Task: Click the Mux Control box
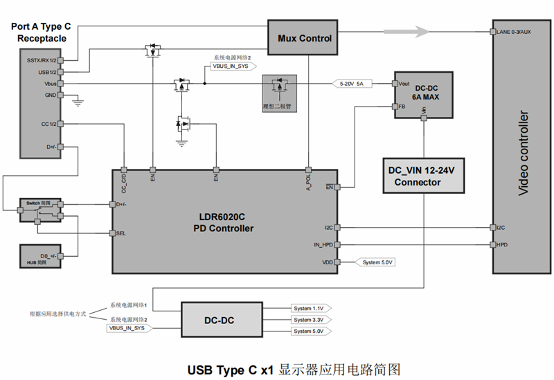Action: coord(305,38)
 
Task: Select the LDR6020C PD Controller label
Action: coord(223,222)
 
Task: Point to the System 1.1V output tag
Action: coord(308,308)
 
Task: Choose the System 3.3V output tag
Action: coord(308,320)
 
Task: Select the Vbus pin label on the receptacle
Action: coord(50,84)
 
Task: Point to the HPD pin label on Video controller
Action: coord(503,244)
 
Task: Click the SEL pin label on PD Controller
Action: coord(121,233)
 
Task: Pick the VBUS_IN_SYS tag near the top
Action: coord(231,66)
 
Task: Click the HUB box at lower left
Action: coord(38,258)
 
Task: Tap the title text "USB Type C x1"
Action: coord(230,369)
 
